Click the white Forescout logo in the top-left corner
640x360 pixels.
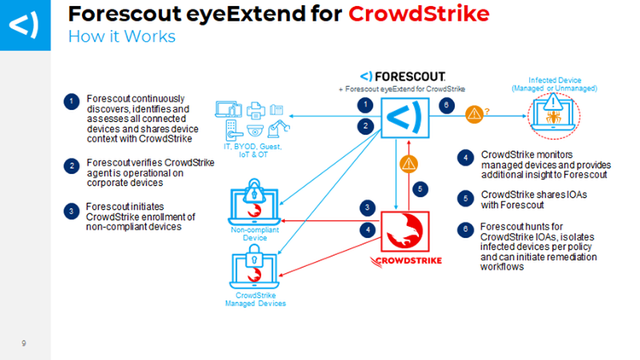[x=25, y=25]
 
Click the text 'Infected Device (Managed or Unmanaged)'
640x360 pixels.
[x=556, y=84]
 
